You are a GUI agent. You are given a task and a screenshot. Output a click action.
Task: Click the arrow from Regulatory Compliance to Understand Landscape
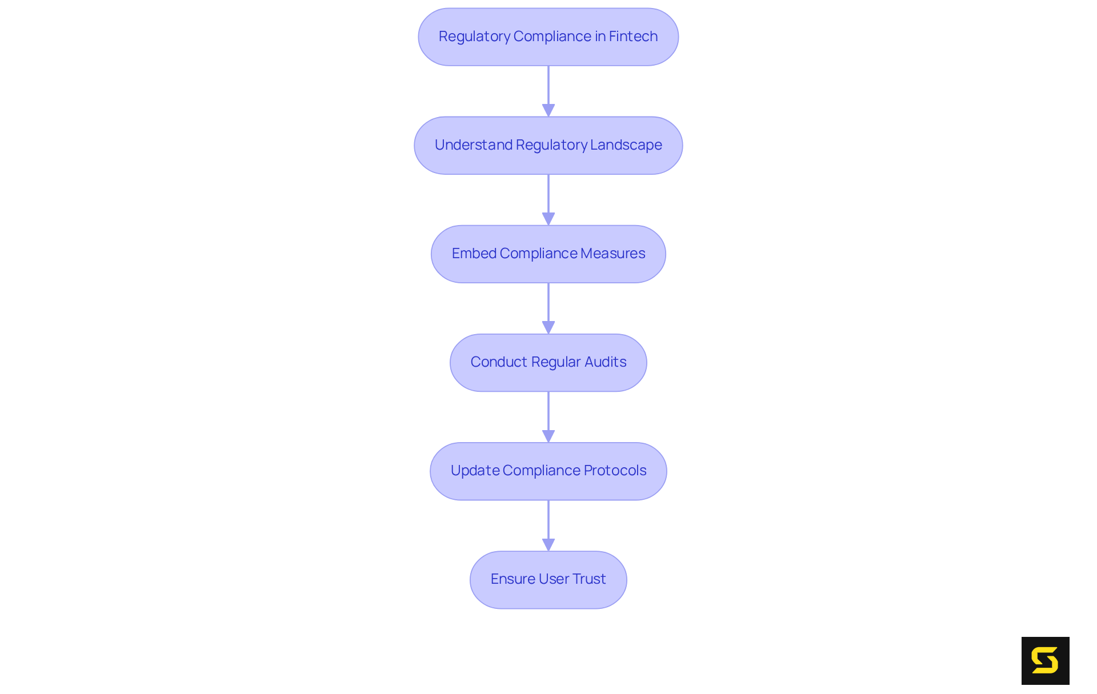[x=548, y=89]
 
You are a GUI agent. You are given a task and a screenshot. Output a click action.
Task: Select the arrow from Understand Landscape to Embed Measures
[x=548, y=197]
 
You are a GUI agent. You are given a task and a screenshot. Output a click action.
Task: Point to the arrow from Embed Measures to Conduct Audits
[x=548, y=306]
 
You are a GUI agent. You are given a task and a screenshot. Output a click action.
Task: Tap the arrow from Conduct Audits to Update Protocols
[x=548, y=414]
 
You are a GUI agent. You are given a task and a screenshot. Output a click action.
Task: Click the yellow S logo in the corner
[x=1045, y=660]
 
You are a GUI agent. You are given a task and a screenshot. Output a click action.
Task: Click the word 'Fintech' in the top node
[x=633, y=37]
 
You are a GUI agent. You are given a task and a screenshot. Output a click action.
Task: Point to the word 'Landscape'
[x=626, y=145]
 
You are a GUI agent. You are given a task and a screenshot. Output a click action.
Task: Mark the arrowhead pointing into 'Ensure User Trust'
[x=548, y=544]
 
